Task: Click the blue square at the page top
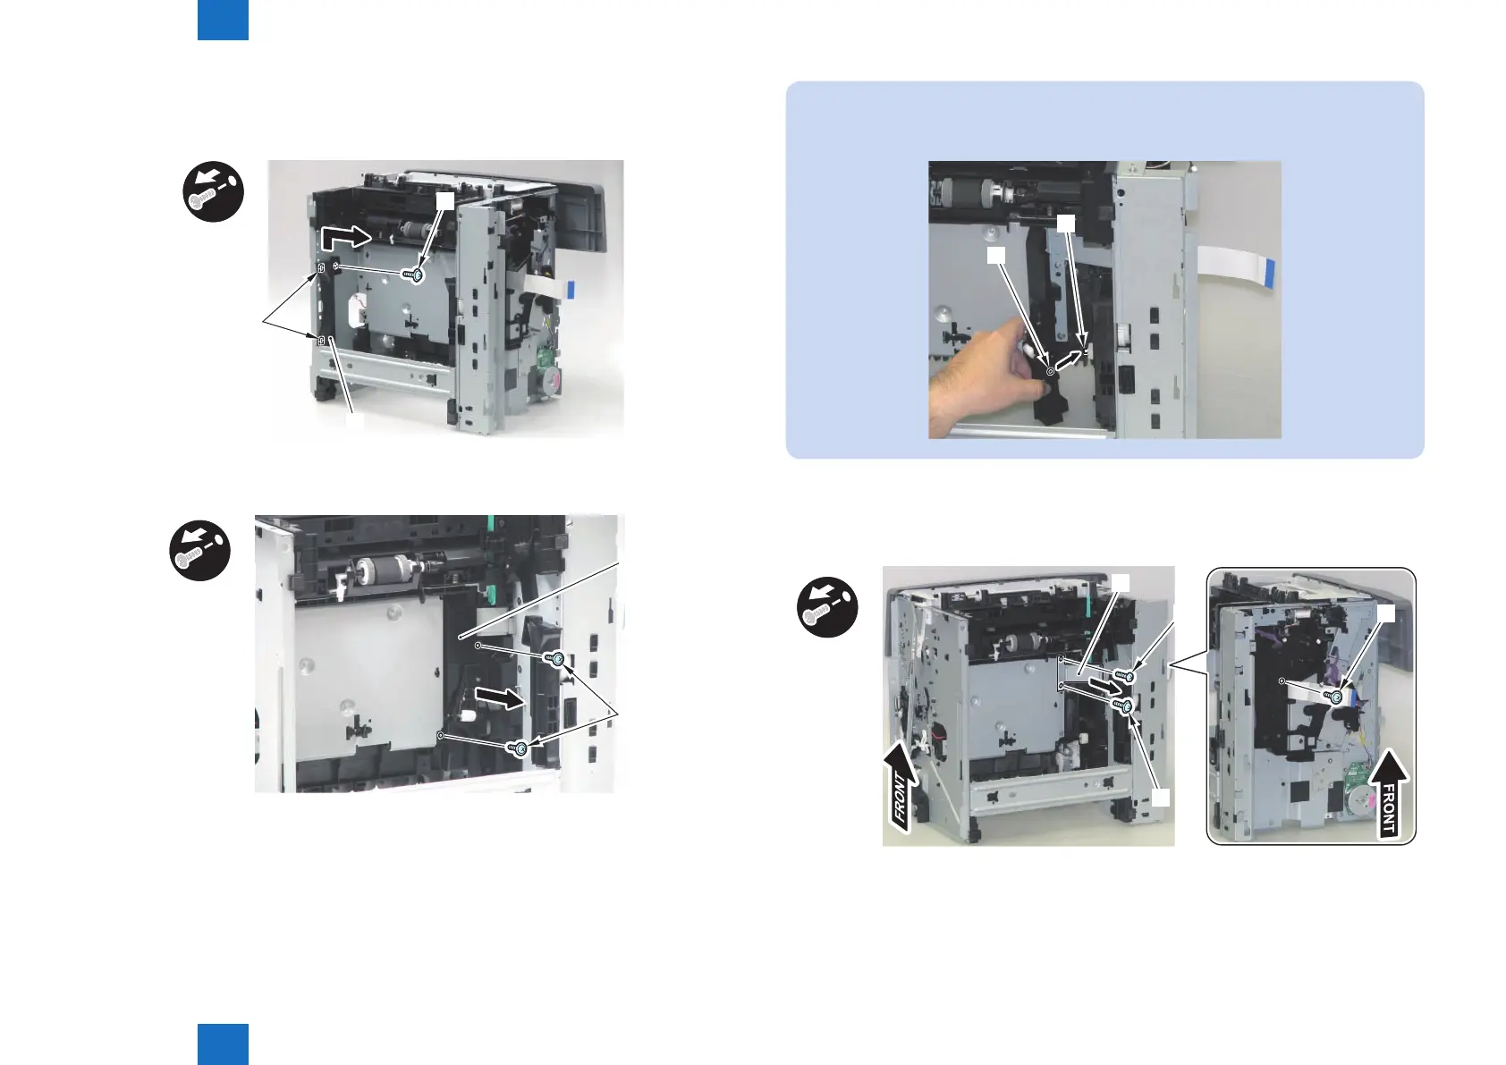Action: coord(223,20)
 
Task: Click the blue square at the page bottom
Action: coord(223,1044)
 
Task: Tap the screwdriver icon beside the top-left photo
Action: coord(213,191)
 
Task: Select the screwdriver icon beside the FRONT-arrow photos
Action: coord(827,607)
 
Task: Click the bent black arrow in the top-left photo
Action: coord(345,237)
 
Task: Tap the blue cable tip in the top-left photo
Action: coord(571,290)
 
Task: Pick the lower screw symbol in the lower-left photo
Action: coord(517,747)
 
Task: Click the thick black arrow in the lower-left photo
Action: coord(500,697)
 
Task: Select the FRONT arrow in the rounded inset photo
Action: coord(1388,795)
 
